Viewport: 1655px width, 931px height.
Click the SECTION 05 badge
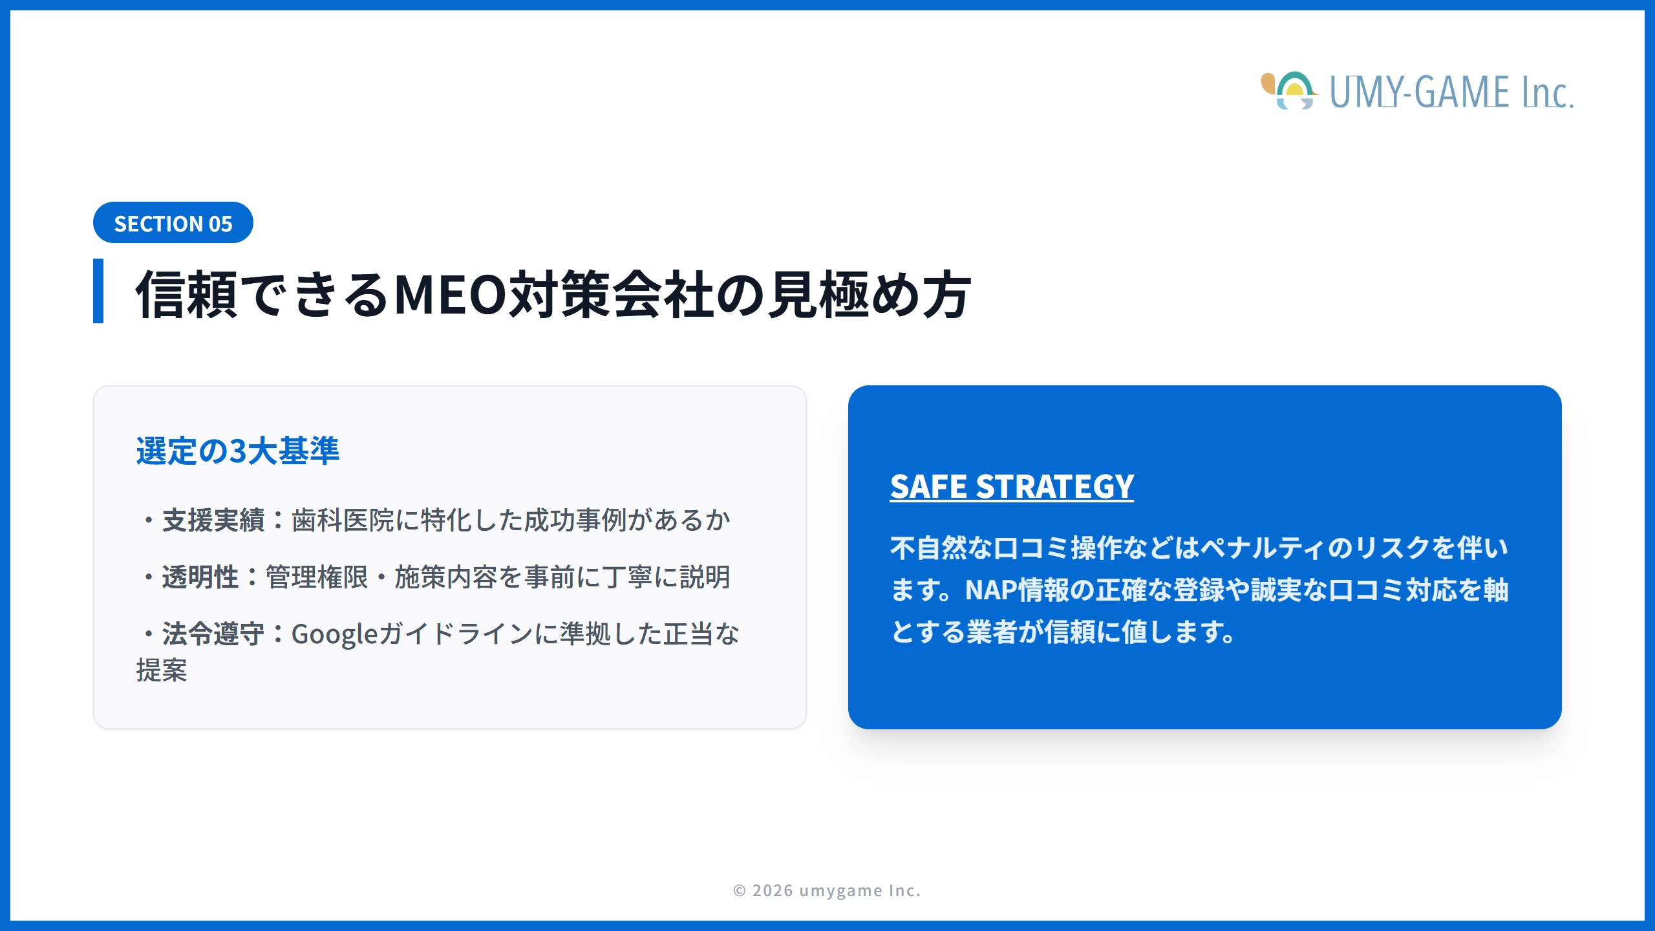(x=173, y=223)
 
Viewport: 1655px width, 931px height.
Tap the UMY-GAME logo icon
(x=1289, y=91)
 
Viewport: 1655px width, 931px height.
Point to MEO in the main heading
(x=451, y=295)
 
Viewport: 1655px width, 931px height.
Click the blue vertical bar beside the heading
(x=98, y=291)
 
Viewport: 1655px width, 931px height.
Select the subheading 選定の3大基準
(x=237, y=451)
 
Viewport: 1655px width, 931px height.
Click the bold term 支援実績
(x=213, y=520)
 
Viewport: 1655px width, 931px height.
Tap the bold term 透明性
(x=200, y=577)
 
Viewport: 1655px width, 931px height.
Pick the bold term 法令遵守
(x=213, y=634)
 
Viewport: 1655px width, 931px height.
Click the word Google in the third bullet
(x=334, y=634)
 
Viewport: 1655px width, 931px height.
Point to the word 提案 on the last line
(x=162, y=670)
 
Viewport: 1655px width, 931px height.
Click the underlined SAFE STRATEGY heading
(x=1012, y=487)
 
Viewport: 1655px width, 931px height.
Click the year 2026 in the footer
(x=773, y=891)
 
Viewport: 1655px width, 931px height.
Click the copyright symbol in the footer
(x=740, y=891)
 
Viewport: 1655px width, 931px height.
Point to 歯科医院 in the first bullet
(x=343, y=520)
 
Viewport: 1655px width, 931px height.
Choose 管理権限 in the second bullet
(x=317, y=577)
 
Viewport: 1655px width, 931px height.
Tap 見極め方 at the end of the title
(x=869, y=295)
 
